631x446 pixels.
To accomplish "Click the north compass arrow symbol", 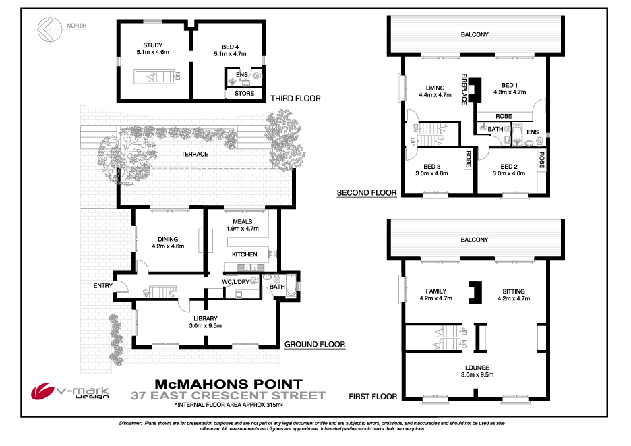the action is (50, 29).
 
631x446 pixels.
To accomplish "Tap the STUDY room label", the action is (153, 45).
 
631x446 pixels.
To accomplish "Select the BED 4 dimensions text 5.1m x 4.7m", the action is (230, 53).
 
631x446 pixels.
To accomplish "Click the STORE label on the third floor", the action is (244, 94).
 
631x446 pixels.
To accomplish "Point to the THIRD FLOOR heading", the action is (295, 99).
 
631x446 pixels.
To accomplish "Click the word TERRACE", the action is (195, 154).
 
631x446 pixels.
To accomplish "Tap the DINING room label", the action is (168, 239).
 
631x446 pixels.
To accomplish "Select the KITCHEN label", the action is (244, 254).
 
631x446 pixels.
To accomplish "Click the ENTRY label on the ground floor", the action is (103, 285).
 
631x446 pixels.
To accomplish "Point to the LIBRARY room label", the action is (205, 318).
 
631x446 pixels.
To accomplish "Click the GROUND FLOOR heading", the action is (315, 345).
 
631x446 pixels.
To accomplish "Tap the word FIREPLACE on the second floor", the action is (464, 89).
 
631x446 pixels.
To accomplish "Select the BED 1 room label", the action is (510, 85).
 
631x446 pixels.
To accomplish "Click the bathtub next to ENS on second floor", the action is (517, 136).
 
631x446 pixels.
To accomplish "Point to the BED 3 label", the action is (432, 167).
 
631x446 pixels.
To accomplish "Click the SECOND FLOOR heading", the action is (367, 192).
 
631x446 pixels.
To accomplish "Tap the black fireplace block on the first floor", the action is (475, 292).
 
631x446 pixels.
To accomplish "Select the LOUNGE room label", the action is (477, 368).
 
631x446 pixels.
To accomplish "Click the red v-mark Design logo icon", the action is (42, 391).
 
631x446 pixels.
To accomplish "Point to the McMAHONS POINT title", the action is (229, 384).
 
